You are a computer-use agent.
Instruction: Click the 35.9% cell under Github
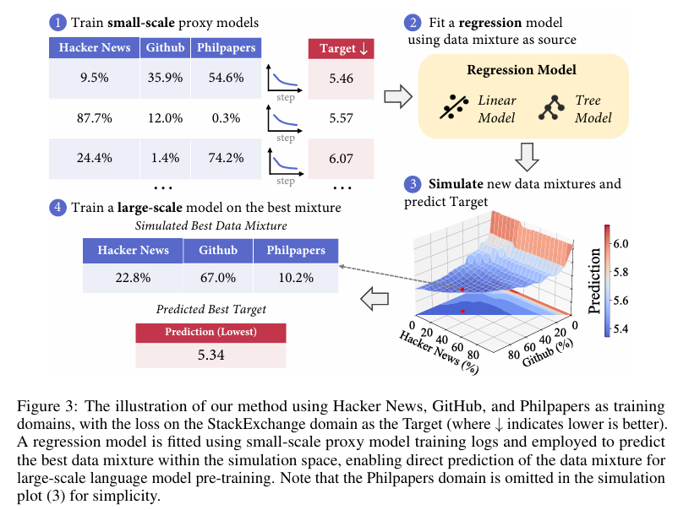(x=165, y=79)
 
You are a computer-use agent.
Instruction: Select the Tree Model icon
(x=554, y=107)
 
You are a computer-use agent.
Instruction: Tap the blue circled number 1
(x=57, y=21)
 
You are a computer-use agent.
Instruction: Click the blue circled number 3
(x=413, y=184)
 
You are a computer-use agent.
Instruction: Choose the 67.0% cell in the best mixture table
(x=218, y=277)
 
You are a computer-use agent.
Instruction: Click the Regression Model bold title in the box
(x=522, y=70)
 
